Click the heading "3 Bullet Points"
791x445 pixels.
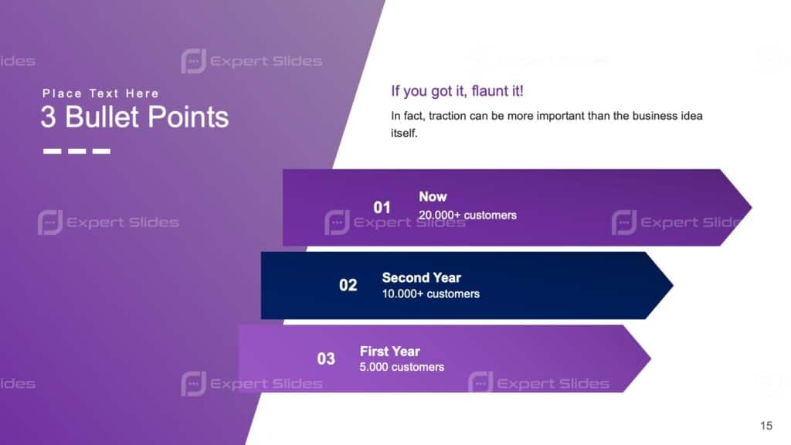pyautogui.click(x=134, y=117)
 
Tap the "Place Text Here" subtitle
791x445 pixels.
pyautogui.click(x=100, y=93)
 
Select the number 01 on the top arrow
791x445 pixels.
pyautogui.click(x=382, y=207)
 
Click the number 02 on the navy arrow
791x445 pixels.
pyautogui.click(x=348, y=285)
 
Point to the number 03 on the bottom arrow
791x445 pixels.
pyautogui.click(x=326, y=358)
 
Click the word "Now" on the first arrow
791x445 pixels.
pyautogui.click(x=433, y=197)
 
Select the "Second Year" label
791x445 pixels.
pyautogui.click(x=421, y=277)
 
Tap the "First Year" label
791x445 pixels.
pyautogui.click(x=389, y=352)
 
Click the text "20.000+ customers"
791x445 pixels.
pyautogui.click(x=467, y=215)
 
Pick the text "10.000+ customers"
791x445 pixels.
pyautogui.click(x=430, y=294)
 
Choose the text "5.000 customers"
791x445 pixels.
pyautogui.click(x=402, y=367)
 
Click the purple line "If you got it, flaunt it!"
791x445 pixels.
pyautogui.click(x=457, y=91)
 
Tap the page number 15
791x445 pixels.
pyautogui.click(x=766, y=426)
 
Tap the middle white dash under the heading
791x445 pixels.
pyautogui.click(x=76, y=151)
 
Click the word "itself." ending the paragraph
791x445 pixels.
pyautogui.click(x=404, y=133)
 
